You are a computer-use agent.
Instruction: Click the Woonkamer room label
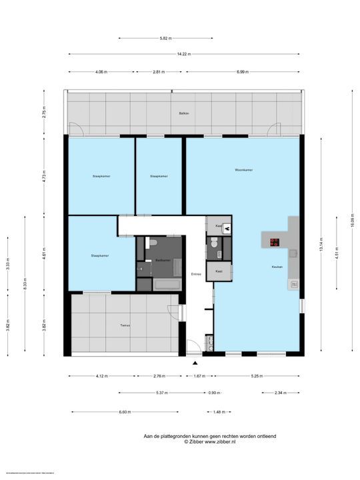(x=243, y=170)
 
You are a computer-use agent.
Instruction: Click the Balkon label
(x=184, y=113)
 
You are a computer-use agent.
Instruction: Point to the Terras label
(x=124, y=325)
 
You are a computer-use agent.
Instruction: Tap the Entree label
(x=196, y=274)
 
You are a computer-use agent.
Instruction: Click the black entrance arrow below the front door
(x=195, y=363)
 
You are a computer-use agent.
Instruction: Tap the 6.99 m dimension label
(x=242, y=71)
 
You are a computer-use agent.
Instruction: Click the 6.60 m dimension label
(x=125, y=411)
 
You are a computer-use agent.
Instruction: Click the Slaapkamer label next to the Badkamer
(x=100, y=255)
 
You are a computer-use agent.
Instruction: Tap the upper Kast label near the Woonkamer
(x=219, y=226)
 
